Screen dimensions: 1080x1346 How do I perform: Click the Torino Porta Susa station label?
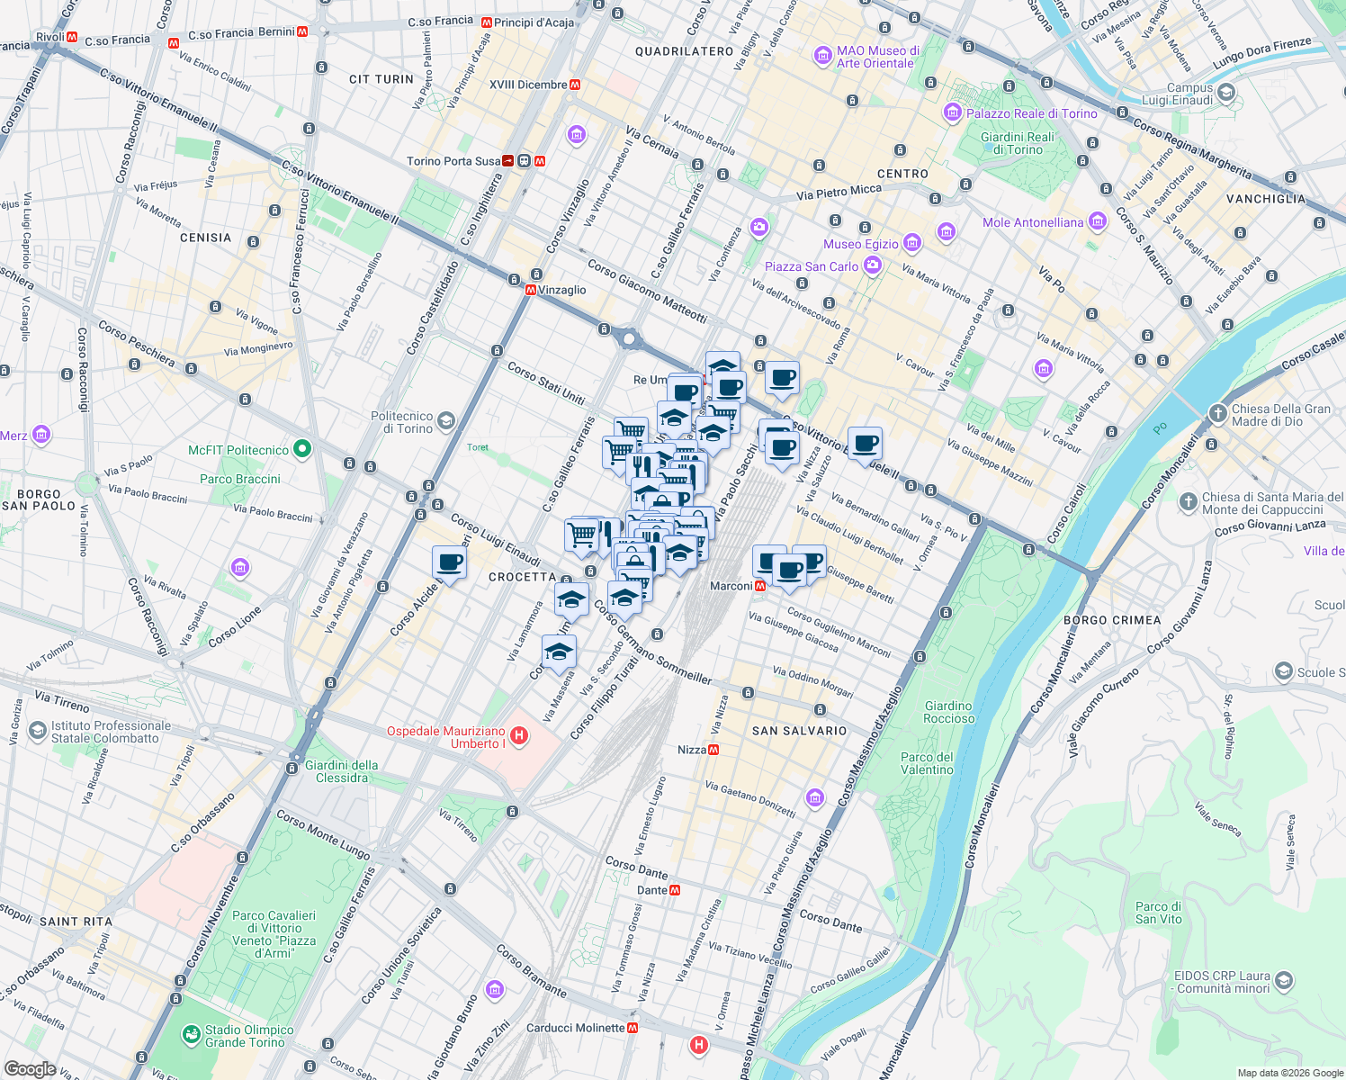point(453,161)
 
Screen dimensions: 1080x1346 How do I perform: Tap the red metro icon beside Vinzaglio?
point(531,290)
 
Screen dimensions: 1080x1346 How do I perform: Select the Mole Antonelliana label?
point(1033,222)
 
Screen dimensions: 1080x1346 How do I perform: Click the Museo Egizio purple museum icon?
point(912,243)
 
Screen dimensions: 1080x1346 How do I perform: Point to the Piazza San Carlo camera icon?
point(871,265)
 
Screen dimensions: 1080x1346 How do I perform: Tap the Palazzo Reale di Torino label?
point(1031,113)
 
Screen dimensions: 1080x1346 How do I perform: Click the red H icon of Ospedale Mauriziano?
point(518,736)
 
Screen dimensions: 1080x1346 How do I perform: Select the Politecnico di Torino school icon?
point(445,421)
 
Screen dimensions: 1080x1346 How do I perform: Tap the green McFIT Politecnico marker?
point(302,448)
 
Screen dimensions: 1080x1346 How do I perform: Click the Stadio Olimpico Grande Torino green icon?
point(191,1035)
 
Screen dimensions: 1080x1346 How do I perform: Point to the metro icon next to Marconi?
point(760,586)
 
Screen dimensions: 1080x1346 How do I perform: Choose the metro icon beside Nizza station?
point(713,750)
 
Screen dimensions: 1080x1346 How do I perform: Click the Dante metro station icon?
point(675,890)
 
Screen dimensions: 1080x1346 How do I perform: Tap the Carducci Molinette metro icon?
point(633,1028)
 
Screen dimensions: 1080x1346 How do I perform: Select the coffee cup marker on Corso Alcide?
point(449,563)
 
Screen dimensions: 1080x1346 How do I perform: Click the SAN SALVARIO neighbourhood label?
point(799,731)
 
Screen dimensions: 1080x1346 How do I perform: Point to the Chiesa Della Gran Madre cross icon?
point(1217,414)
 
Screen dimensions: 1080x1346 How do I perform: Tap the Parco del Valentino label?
point(927,763)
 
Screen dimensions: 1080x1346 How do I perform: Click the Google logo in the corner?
point(30,1068)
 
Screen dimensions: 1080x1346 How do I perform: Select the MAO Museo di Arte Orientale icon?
point(822,56)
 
